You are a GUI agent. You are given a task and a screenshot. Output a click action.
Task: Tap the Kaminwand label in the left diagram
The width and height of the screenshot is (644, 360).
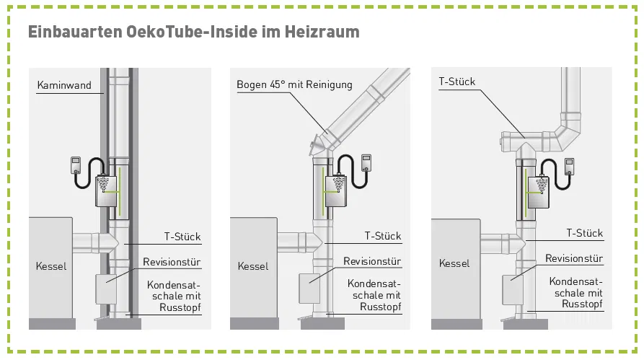coord(64,85)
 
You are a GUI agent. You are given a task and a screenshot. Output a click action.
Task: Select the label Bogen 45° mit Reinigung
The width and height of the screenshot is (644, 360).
coord(294,84)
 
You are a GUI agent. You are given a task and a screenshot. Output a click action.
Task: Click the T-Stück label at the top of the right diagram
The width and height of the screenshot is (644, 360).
coord(457,82)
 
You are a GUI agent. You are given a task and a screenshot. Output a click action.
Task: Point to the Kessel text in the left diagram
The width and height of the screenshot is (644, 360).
coord(51,266)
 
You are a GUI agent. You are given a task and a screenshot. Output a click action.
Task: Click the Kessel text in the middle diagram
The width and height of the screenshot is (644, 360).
coord(252,266)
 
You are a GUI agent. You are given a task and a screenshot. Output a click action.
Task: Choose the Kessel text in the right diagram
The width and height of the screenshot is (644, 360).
coord(454,263)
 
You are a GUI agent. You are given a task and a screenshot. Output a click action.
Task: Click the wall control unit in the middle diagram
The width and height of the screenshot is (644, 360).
coord(366,162)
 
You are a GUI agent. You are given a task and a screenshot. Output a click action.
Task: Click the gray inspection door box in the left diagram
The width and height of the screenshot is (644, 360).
coord(107,289)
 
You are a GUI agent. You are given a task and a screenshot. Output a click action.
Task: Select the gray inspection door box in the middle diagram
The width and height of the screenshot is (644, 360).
coord(309,288)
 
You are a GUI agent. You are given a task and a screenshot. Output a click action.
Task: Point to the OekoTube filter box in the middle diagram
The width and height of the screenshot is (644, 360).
coord(337,190)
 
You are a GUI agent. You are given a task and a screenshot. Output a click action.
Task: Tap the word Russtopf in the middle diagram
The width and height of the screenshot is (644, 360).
coord(379,307)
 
